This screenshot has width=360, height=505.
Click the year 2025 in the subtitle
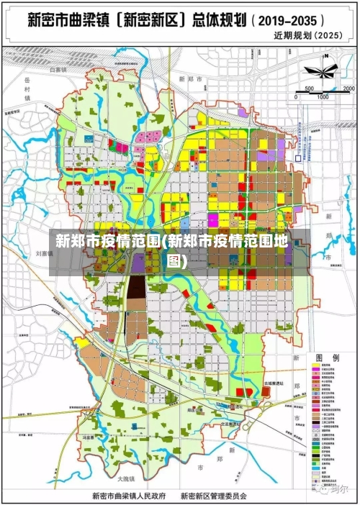point(329,35)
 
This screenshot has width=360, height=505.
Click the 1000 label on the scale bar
point(323,96)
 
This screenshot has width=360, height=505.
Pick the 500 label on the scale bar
point(309,88)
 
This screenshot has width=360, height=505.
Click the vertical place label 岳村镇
point(27,90)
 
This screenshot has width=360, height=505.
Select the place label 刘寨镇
point(45,253)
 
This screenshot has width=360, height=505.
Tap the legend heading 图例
point(327,358)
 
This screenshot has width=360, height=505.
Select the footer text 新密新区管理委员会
point(214,496)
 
